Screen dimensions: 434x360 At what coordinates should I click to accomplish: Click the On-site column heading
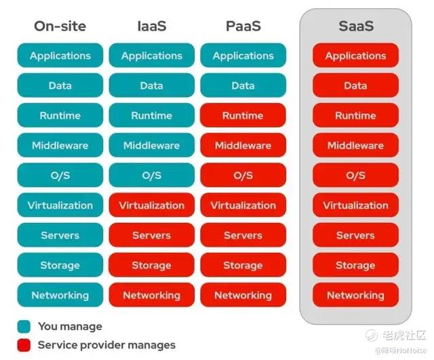tap(60, 26)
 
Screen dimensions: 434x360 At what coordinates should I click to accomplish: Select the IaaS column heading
tap(152, 26)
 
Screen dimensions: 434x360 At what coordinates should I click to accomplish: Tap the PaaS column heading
tap(243, 26)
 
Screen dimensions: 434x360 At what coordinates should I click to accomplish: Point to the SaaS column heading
tap(356, 26)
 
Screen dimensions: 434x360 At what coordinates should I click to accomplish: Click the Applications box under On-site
tap(60, 56)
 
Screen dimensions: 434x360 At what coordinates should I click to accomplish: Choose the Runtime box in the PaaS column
tap(243, 115)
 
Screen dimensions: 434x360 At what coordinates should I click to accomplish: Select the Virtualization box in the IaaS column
tap(152, 205)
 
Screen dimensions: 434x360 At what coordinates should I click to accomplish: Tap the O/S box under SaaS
tap(355, 175)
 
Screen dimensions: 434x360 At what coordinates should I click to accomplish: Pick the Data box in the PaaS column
tap(243, 85)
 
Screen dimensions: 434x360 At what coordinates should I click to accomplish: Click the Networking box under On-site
tap(60, 295)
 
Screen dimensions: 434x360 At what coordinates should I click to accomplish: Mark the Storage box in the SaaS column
tap(355, 265)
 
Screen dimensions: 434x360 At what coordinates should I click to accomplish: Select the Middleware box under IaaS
tap(152, 145)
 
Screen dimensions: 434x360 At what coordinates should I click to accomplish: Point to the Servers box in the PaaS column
tap(243, 235)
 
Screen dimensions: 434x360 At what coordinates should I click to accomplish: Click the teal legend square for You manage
tap(24, 327)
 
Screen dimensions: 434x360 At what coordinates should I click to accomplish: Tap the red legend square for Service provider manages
tap(24, 345)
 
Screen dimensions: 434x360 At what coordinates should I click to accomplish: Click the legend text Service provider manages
tap(106, 345)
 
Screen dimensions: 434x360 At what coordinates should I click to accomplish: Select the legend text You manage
tap(70, 327)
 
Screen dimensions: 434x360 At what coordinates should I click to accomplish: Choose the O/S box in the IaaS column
tap(152, 175)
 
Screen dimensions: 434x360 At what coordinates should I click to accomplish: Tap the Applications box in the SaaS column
tap(355, 56)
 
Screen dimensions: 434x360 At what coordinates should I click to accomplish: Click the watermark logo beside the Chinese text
tap(372, 336)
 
